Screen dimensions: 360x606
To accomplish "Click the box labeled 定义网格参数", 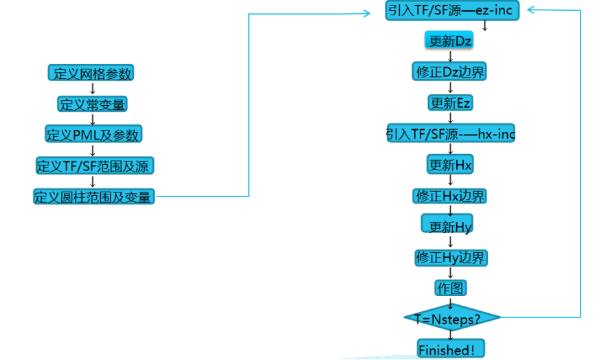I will [x=92, y=74].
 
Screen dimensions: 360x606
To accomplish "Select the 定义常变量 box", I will [x=92, y=104].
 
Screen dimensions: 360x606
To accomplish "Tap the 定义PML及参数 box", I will [x=93, y=135].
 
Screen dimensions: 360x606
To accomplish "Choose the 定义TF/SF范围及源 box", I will [x=94, y=166].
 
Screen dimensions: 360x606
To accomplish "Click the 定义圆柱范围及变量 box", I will [x=94, y=196].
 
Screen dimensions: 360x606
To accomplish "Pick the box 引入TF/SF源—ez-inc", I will [x=451, y=11].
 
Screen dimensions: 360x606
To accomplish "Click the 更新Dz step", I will [x=450, y=41].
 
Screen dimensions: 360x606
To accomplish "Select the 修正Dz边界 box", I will [x=451, y=72].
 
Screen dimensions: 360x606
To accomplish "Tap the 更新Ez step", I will [x=450, y=103].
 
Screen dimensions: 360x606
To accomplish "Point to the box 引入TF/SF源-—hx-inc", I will [x=451, y=134].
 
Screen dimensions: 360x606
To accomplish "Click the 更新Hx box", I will [x=450, y=165].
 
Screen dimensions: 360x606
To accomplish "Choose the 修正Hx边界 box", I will [x=451, y=196].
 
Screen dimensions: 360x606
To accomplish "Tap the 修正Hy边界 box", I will [x=451, y=258].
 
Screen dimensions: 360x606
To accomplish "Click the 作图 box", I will [x=450, y=287].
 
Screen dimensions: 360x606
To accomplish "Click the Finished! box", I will [x=450, y=349].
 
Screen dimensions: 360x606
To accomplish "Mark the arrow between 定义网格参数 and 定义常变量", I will [x=93, y=89].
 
